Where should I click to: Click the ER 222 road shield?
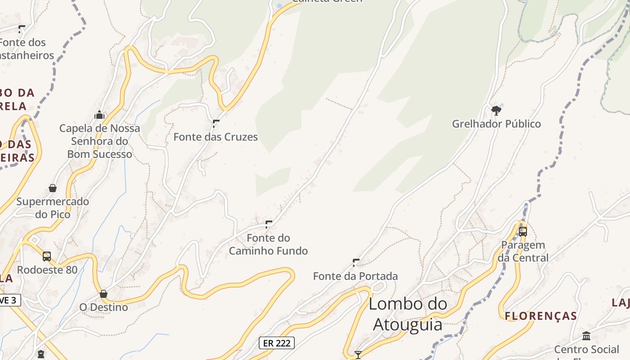[x=277, y=343]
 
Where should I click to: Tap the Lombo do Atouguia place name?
[x=408, y=314]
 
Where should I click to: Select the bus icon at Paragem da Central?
[x=523, y=232]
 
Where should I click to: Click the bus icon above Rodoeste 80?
[x=47, y=256]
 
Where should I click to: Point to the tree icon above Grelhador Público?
[x=496, y=110]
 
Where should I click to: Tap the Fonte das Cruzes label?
[x=216, y=137]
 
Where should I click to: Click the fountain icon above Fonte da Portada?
[x=356, y=262]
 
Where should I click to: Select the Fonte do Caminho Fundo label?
[x=268, y=244]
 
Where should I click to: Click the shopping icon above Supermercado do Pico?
[x=53, y=188]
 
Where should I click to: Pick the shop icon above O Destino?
[x=103, y=294]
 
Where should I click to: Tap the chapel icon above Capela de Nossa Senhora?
[x=99, y=115]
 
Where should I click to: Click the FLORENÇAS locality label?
[x=541, y=316]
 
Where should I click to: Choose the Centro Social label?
[x=586, y=350]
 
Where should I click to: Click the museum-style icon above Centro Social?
[x=586, y=336]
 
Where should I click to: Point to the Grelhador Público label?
[x=496, y=124]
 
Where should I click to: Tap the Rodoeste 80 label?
[x=47, y=270]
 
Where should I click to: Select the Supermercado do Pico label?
[x=53, y=208]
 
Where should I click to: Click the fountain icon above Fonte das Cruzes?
[x=216, y=123]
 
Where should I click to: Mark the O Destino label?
[x=103, y=307]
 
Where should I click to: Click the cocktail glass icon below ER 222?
[x=358, y=355]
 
